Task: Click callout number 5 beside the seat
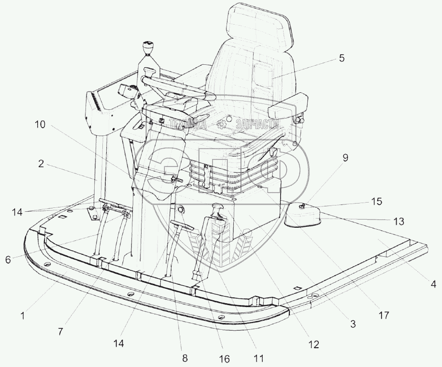[342, 59]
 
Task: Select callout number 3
[353, 324]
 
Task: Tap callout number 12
[314, 344]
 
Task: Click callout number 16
[224, 359]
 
